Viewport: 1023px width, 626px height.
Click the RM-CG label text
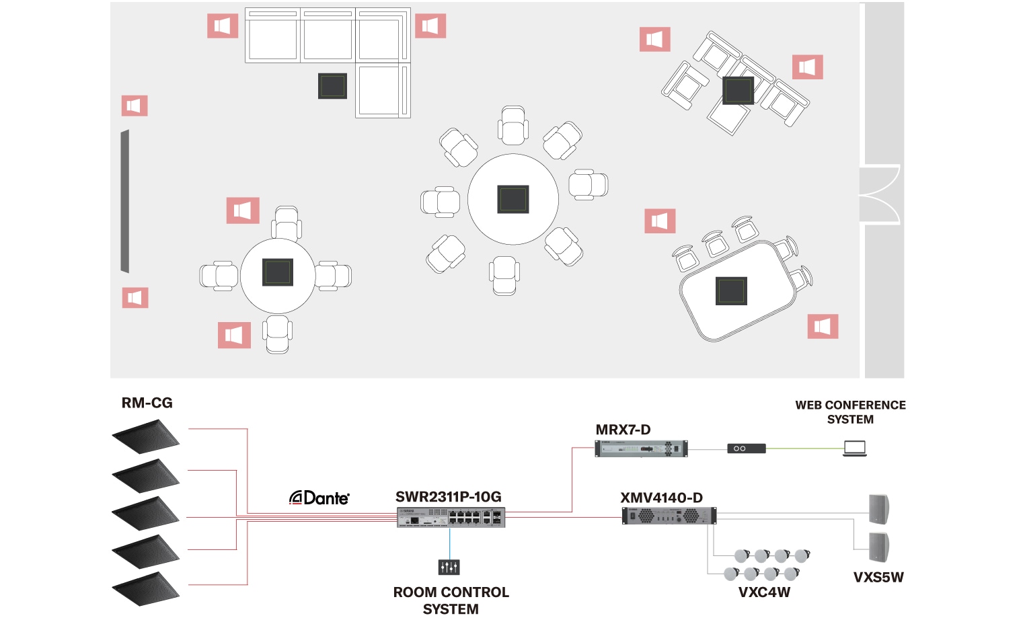pos(147,403)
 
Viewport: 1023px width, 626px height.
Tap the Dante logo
pos(319,498)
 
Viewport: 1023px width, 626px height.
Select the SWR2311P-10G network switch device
pos(451,517)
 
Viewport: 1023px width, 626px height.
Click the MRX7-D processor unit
pos(641,448)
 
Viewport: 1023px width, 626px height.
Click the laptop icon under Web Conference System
pos(855,448)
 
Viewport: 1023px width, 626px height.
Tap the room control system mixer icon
pos(449,567)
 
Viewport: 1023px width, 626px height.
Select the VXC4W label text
pos(764,592)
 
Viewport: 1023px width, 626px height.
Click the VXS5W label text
pos(878,577)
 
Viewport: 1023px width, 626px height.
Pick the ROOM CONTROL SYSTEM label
pos(451,600)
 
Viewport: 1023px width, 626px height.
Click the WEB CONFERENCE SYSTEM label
pos(850,412)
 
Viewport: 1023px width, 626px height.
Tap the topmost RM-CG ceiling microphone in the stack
pos(145,436)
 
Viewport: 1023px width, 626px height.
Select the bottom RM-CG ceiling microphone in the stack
pos(145,588)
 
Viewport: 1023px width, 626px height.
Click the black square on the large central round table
pos(513,199)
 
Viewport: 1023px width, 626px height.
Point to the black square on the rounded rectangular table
pos(731,290)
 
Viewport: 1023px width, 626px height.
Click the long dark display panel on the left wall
pos(124,201)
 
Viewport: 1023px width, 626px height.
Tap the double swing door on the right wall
pos(880,194)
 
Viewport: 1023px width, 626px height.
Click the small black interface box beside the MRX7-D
pos(746,448)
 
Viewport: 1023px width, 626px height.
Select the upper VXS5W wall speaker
pos(879,509)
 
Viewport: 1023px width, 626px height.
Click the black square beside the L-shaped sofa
pos(332,86)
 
